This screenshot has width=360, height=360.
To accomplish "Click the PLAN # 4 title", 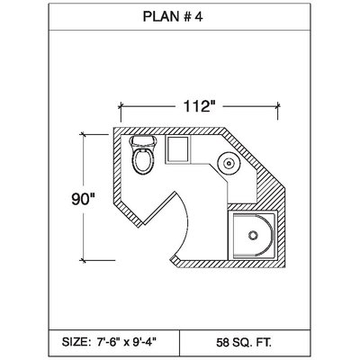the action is pos(173,16).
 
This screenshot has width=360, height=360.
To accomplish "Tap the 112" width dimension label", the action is pos(200,106).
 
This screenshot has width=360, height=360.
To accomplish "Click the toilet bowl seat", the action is pos(143,161).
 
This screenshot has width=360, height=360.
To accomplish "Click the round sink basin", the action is pos(229,163).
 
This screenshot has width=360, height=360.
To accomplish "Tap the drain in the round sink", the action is pos(229,163).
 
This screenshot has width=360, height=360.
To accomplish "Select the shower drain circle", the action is pos(253,235).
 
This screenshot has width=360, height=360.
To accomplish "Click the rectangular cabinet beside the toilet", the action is pos(178,149).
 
